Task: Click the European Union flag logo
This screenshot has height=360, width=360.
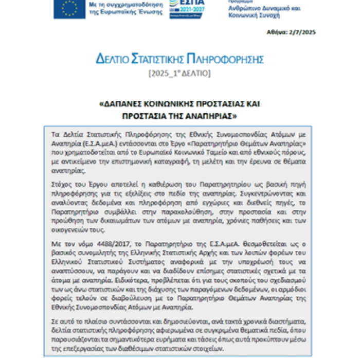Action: (69, 9)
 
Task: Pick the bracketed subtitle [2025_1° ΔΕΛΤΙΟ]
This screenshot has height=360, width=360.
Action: (179, 74)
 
